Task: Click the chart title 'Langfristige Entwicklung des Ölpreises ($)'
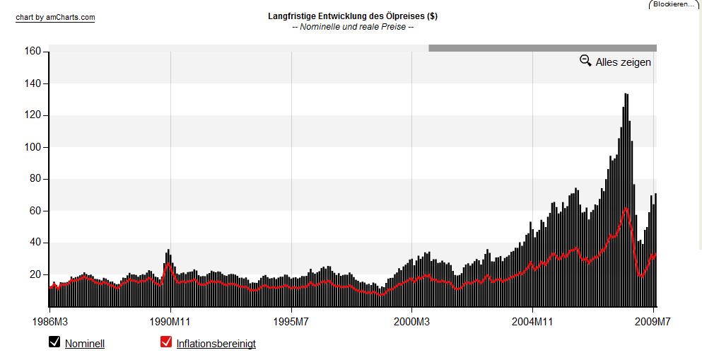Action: (352, 16)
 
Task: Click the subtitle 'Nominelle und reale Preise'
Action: (352, 27)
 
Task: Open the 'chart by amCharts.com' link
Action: (55, 18)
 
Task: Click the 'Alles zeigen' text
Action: (623, 62)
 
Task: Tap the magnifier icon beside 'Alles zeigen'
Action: (585, 61)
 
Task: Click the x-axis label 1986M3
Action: (49, 323)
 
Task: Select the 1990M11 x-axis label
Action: (170, 323)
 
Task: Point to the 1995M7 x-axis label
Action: (291, 323)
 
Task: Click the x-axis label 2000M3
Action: (412, 323)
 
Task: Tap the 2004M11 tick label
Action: (533, 323)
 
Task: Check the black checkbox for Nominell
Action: (54, 342)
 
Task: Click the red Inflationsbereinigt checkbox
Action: (166, 342)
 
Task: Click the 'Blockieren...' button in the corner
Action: (674, 4)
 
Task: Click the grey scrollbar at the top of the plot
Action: (542, 48)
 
